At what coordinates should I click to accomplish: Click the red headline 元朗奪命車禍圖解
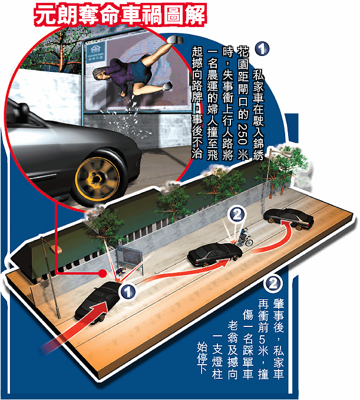click(120, 15)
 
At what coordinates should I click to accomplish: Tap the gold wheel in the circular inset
click(98, 179)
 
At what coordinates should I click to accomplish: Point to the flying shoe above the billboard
click(175, 39)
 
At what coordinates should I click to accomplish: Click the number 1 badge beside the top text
click(262, 48)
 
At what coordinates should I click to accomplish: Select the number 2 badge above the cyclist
click(237, 215)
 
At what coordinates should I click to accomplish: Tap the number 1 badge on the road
click(128, 292)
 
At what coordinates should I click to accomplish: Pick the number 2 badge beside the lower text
click(273, 283)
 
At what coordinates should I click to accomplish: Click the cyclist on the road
click(245, 238)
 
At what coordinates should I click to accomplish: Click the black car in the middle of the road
click(215, 253)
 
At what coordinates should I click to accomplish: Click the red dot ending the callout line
click(103, 273)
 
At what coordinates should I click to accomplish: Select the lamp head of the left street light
click(59, 250)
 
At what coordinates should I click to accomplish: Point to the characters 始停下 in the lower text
click(202, 358)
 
